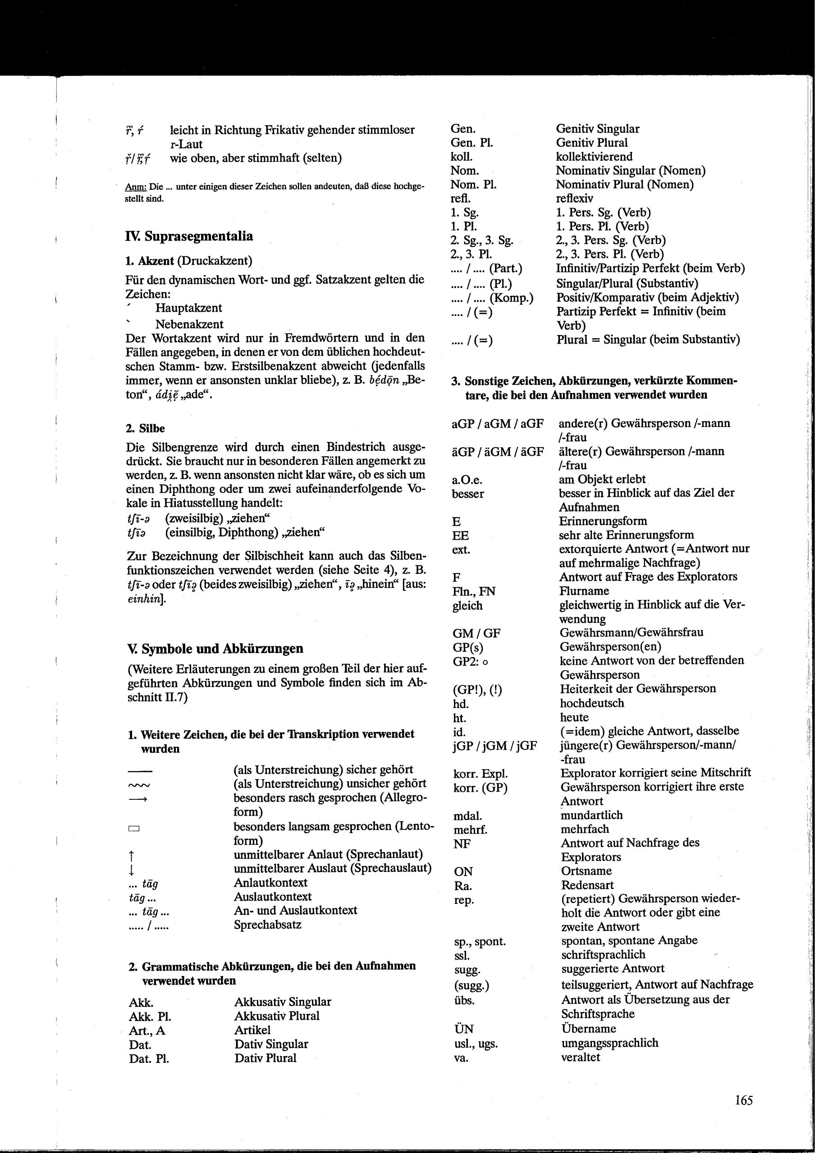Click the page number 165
(743, 1100)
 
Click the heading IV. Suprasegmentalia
(189, 236)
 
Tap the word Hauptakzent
(188, 308)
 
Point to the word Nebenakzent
(189, 324)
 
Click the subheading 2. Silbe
(145, 428)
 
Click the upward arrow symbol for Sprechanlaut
(131, 854)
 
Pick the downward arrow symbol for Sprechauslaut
(131, 868)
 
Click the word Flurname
(584, 590)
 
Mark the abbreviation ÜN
(463, 1028)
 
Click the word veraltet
(580, 1057)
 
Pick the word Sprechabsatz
(267, 924)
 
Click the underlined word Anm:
(135, 187)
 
